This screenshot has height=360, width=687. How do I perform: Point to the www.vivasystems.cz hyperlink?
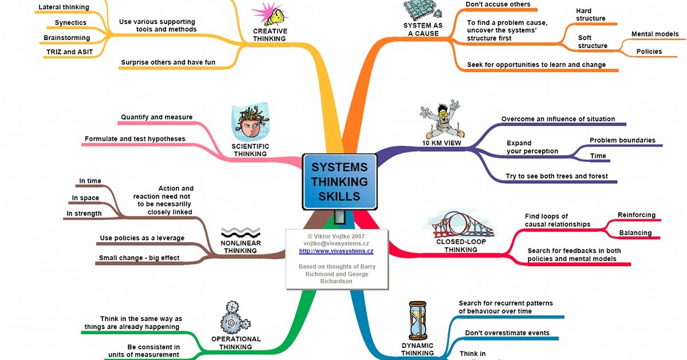(336, 251)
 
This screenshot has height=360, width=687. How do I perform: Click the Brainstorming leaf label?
(67, 38)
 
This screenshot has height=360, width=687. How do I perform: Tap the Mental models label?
(654, 34)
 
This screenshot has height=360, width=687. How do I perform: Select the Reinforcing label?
(636, 215)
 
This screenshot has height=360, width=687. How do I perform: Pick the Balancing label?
(635, 233)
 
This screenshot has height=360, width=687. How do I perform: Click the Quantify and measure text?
(156, 117)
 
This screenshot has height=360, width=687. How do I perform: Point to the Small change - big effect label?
(139, 258)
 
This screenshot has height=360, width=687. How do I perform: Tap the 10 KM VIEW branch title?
(441, 143)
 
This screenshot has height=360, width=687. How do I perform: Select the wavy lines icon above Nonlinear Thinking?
(240, 232)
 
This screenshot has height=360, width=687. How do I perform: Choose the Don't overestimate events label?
(507, 333)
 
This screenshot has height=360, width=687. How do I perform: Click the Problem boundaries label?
(622, 140)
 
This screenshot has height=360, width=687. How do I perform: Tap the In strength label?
(84, 213)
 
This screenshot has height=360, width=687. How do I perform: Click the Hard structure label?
(591, 14)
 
